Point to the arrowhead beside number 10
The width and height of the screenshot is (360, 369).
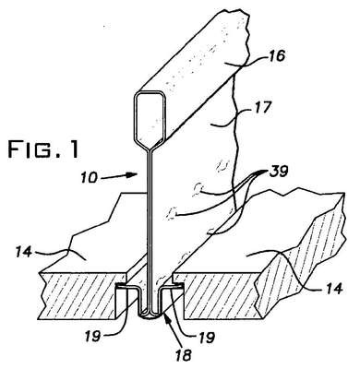(x=132, y=174)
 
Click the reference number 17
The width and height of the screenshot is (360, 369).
(x=261, y=107)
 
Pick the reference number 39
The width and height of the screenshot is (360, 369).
(x=279, y=171)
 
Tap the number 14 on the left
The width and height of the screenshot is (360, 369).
(x=24, y=253)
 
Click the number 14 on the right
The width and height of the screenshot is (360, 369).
(x=331, y=288)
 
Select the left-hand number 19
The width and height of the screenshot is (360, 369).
(x=91, y=336)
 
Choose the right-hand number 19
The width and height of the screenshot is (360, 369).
(x=205, y=337)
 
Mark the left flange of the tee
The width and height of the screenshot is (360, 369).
(x=126, y=287)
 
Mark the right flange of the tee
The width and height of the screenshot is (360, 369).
(x=172, y=287)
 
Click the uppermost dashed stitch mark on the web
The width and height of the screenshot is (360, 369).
(x=222, y=166)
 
